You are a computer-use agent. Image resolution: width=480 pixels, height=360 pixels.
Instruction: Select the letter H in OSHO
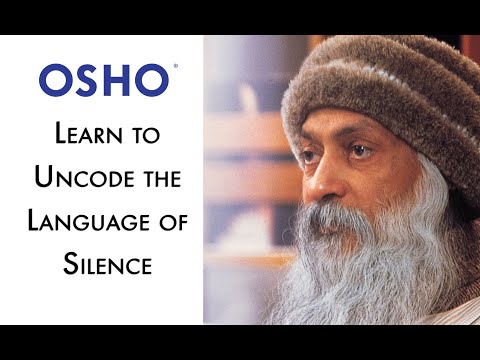(119, 81)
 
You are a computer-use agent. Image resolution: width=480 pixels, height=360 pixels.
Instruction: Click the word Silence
(103, 266)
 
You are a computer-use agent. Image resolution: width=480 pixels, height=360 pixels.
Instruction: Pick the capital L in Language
(40, 222)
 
